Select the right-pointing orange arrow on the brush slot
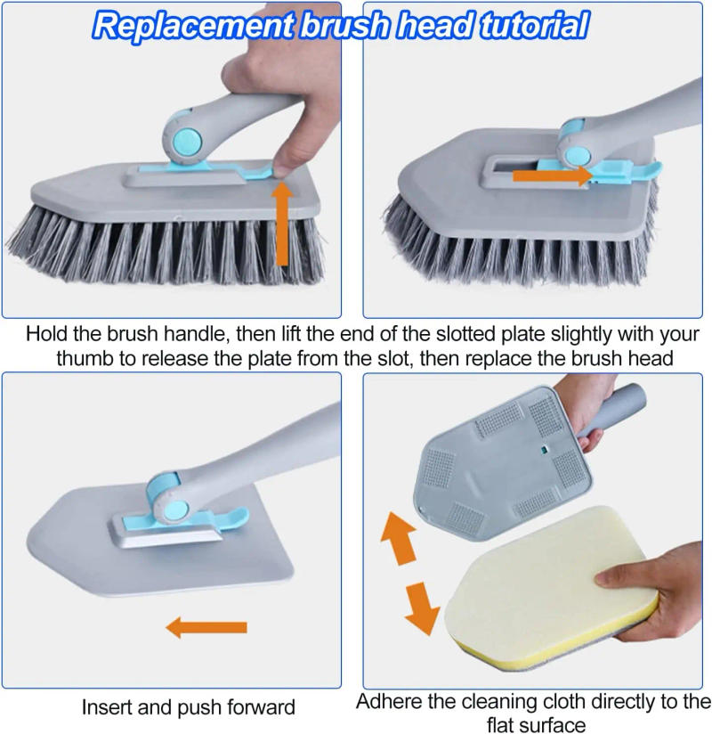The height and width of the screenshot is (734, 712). (552, 176)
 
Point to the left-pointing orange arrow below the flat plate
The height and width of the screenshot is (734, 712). (206, 628)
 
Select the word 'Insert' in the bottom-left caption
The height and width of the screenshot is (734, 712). (110, 708)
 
